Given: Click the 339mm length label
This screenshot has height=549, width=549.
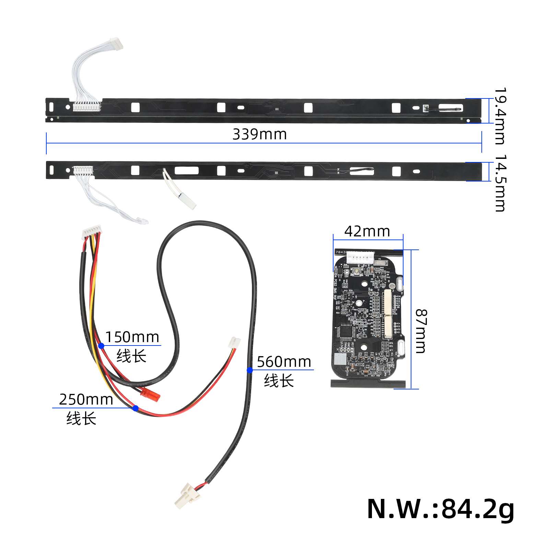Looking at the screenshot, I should click(259, 134).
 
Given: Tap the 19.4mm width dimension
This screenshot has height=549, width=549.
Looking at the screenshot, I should click(499, 116).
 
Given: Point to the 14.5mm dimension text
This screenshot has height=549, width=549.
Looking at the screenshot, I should click(499, 183).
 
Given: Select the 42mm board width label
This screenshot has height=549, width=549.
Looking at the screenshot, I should click(367, 232).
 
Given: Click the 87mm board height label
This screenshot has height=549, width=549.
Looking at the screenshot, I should click(421, 331).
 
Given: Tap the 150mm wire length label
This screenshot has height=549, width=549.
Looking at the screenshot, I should click(132, 337).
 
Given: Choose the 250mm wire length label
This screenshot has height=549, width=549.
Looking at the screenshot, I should click(86, 400).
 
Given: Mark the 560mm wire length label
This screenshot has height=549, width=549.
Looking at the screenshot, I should click(284, 362).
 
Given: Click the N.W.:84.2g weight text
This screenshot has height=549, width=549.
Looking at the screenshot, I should click(440, 509).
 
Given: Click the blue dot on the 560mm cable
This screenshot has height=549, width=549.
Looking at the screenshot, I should click(250, 370).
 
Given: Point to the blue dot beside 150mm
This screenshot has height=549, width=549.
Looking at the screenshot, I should click(101, 346).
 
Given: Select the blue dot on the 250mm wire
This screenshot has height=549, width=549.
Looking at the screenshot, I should click(135, 408).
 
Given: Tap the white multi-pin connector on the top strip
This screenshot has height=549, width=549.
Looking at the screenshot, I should click(86, 106).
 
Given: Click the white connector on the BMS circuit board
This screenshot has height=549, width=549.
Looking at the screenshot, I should click(360, 257).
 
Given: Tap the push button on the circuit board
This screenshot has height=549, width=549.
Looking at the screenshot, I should click(357, 272).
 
